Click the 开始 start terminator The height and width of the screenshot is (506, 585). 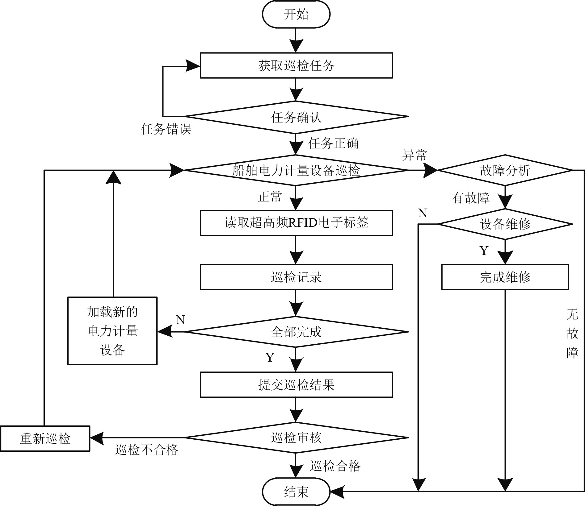point(296,14)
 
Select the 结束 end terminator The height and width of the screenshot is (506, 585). point(296,492)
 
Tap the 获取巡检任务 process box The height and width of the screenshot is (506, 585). point(296,65)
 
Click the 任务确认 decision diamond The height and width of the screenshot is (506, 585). point(296,117)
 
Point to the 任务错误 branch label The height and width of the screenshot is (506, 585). point(166,129)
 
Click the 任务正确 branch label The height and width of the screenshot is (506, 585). point(333,143)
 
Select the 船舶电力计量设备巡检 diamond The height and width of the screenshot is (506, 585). point(296,170)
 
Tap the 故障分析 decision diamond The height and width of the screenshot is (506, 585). point(505,170)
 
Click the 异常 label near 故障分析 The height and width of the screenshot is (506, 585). point(415,155)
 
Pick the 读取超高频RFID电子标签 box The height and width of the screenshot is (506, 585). point(296,223)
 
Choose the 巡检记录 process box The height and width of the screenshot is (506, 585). point(296,277)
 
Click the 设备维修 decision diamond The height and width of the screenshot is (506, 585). point(505,224)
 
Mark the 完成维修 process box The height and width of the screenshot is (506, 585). point(505,277)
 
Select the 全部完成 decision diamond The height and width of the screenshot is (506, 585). point(296,332)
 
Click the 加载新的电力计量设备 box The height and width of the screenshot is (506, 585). point(112,331)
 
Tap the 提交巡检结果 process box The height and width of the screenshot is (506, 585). point(296,385)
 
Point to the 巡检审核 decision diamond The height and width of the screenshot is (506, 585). point(296,438)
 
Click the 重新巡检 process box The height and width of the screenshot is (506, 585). point(45,439)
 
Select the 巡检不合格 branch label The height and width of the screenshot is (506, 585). point(147,450)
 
